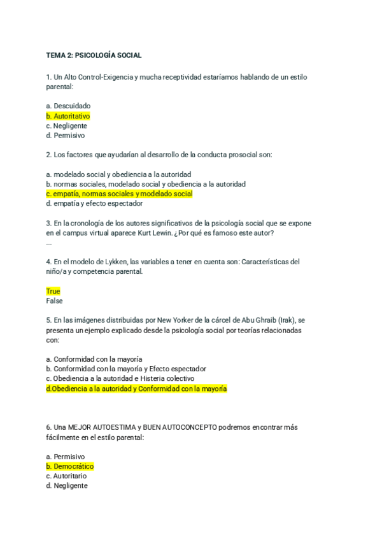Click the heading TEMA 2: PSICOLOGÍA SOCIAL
click(x=94, y=55)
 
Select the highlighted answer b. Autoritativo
click(x=68, y=116)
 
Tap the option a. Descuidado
click(x=68, y=106)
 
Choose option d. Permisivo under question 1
click(x=66, y=136)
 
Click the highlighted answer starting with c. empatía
click(x=119, y=194)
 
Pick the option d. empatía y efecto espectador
click(x=94, y=204)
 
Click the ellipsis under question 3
click(x=49, y=243)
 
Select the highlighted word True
click(x=53, y=291)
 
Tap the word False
click(x=54, y=301)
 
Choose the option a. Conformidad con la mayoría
click(x=94, y=359)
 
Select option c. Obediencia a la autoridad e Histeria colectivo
click(x=120, y=378)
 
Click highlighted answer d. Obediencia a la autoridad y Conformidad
click(x=136, y=388)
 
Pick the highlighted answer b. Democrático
click(x=69, y=466)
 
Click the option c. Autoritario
click(x=66, y=476)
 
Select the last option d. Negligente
click(x=67, y=486)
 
